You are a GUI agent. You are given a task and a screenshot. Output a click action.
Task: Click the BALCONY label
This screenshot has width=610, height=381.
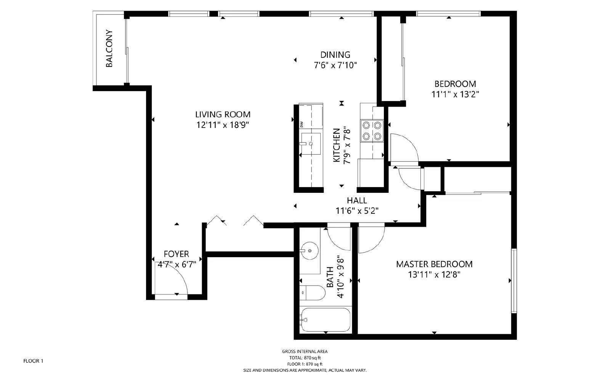pyautogui.click(x=109, y=48)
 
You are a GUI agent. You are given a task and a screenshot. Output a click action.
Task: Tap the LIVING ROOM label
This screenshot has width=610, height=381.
pyautogui.click(x=223, y=114)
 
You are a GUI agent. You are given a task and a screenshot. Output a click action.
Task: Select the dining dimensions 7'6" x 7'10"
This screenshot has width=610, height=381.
pyautogui.click(x=335, y=65)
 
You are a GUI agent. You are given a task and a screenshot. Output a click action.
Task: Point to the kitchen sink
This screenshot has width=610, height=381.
pyautogui.click(x=311, y=144)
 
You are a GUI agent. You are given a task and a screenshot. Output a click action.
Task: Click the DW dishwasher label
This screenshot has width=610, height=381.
pyautogui.click(x=302, y=125)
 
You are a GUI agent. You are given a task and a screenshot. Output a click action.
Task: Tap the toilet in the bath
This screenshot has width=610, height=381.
pyautogui.click(x=312, y=293)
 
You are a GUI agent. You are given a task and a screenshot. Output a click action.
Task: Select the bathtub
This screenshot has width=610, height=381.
pyautogui.click(x=326, y=320)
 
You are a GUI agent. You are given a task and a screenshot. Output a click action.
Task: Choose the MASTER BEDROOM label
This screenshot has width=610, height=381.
pyautogui.click(x=434, y=264)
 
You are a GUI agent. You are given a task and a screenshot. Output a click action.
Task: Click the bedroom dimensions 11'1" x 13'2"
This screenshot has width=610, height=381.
pyautogui.click(x=455, y=94)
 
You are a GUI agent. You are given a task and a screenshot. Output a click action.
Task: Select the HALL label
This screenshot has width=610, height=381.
pyautogui.click(x=357, y=200)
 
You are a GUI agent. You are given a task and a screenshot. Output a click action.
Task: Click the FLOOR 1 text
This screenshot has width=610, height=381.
pyautogui.click(x=33, y=361)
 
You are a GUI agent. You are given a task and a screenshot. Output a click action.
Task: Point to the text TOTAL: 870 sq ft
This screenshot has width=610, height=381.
pyautogui.click(x=305, y=358)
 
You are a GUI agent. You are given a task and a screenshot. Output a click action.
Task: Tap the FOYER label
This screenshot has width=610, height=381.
pyautogui.click(x=176, y=254)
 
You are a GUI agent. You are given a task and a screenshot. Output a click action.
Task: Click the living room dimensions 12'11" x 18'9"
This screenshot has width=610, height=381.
pyautogui.click(x=223, y=125)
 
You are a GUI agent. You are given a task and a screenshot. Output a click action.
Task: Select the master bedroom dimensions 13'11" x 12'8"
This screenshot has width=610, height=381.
pyautogui.click(x=434, y=275)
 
